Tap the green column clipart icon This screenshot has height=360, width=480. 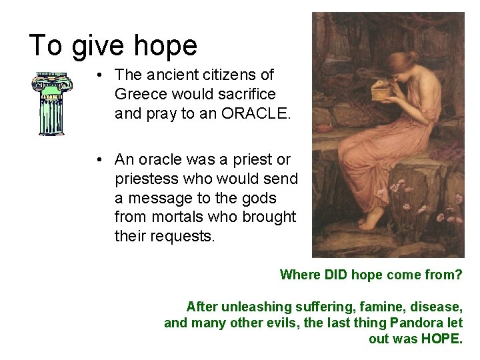51,104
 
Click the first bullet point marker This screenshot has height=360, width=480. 98,75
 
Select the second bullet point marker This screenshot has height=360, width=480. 98,159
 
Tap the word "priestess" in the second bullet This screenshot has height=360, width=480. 144,179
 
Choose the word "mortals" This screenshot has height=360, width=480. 175,217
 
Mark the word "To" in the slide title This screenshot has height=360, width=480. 46,46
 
